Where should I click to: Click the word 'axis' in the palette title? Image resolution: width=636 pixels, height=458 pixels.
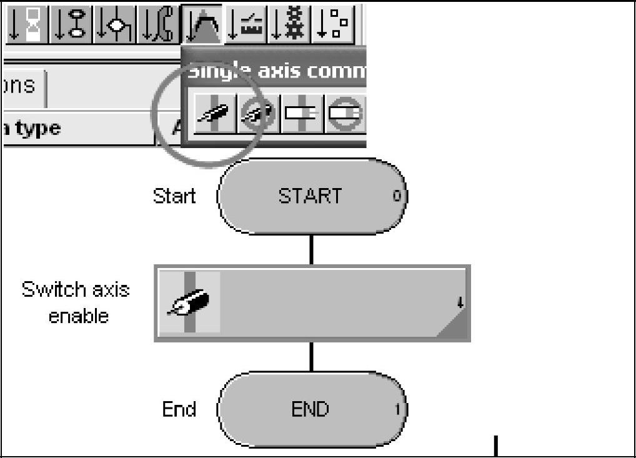(x=263, y=70)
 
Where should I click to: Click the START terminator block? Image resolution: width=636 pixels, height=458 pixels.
(x=311, y=196)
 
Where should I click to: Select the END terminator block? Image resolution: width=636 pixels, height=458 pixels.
(x=311, y=410)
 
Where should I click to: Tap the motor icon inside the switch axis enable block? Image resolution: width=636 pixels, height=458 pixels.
(x=189, y=302)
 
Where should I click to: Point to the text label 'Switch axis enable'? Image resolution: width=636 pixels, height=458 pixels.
(x=76, y=302)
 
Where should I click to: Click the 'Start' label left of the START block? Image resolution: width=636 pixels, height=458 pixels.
(x=174, y=196)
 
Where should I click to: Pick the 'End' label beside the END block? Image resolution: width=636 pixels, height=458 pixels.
(x=179, y=410)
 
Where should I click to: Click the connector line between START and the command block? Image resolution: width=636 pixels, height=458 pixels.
(x=311, y=249)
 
